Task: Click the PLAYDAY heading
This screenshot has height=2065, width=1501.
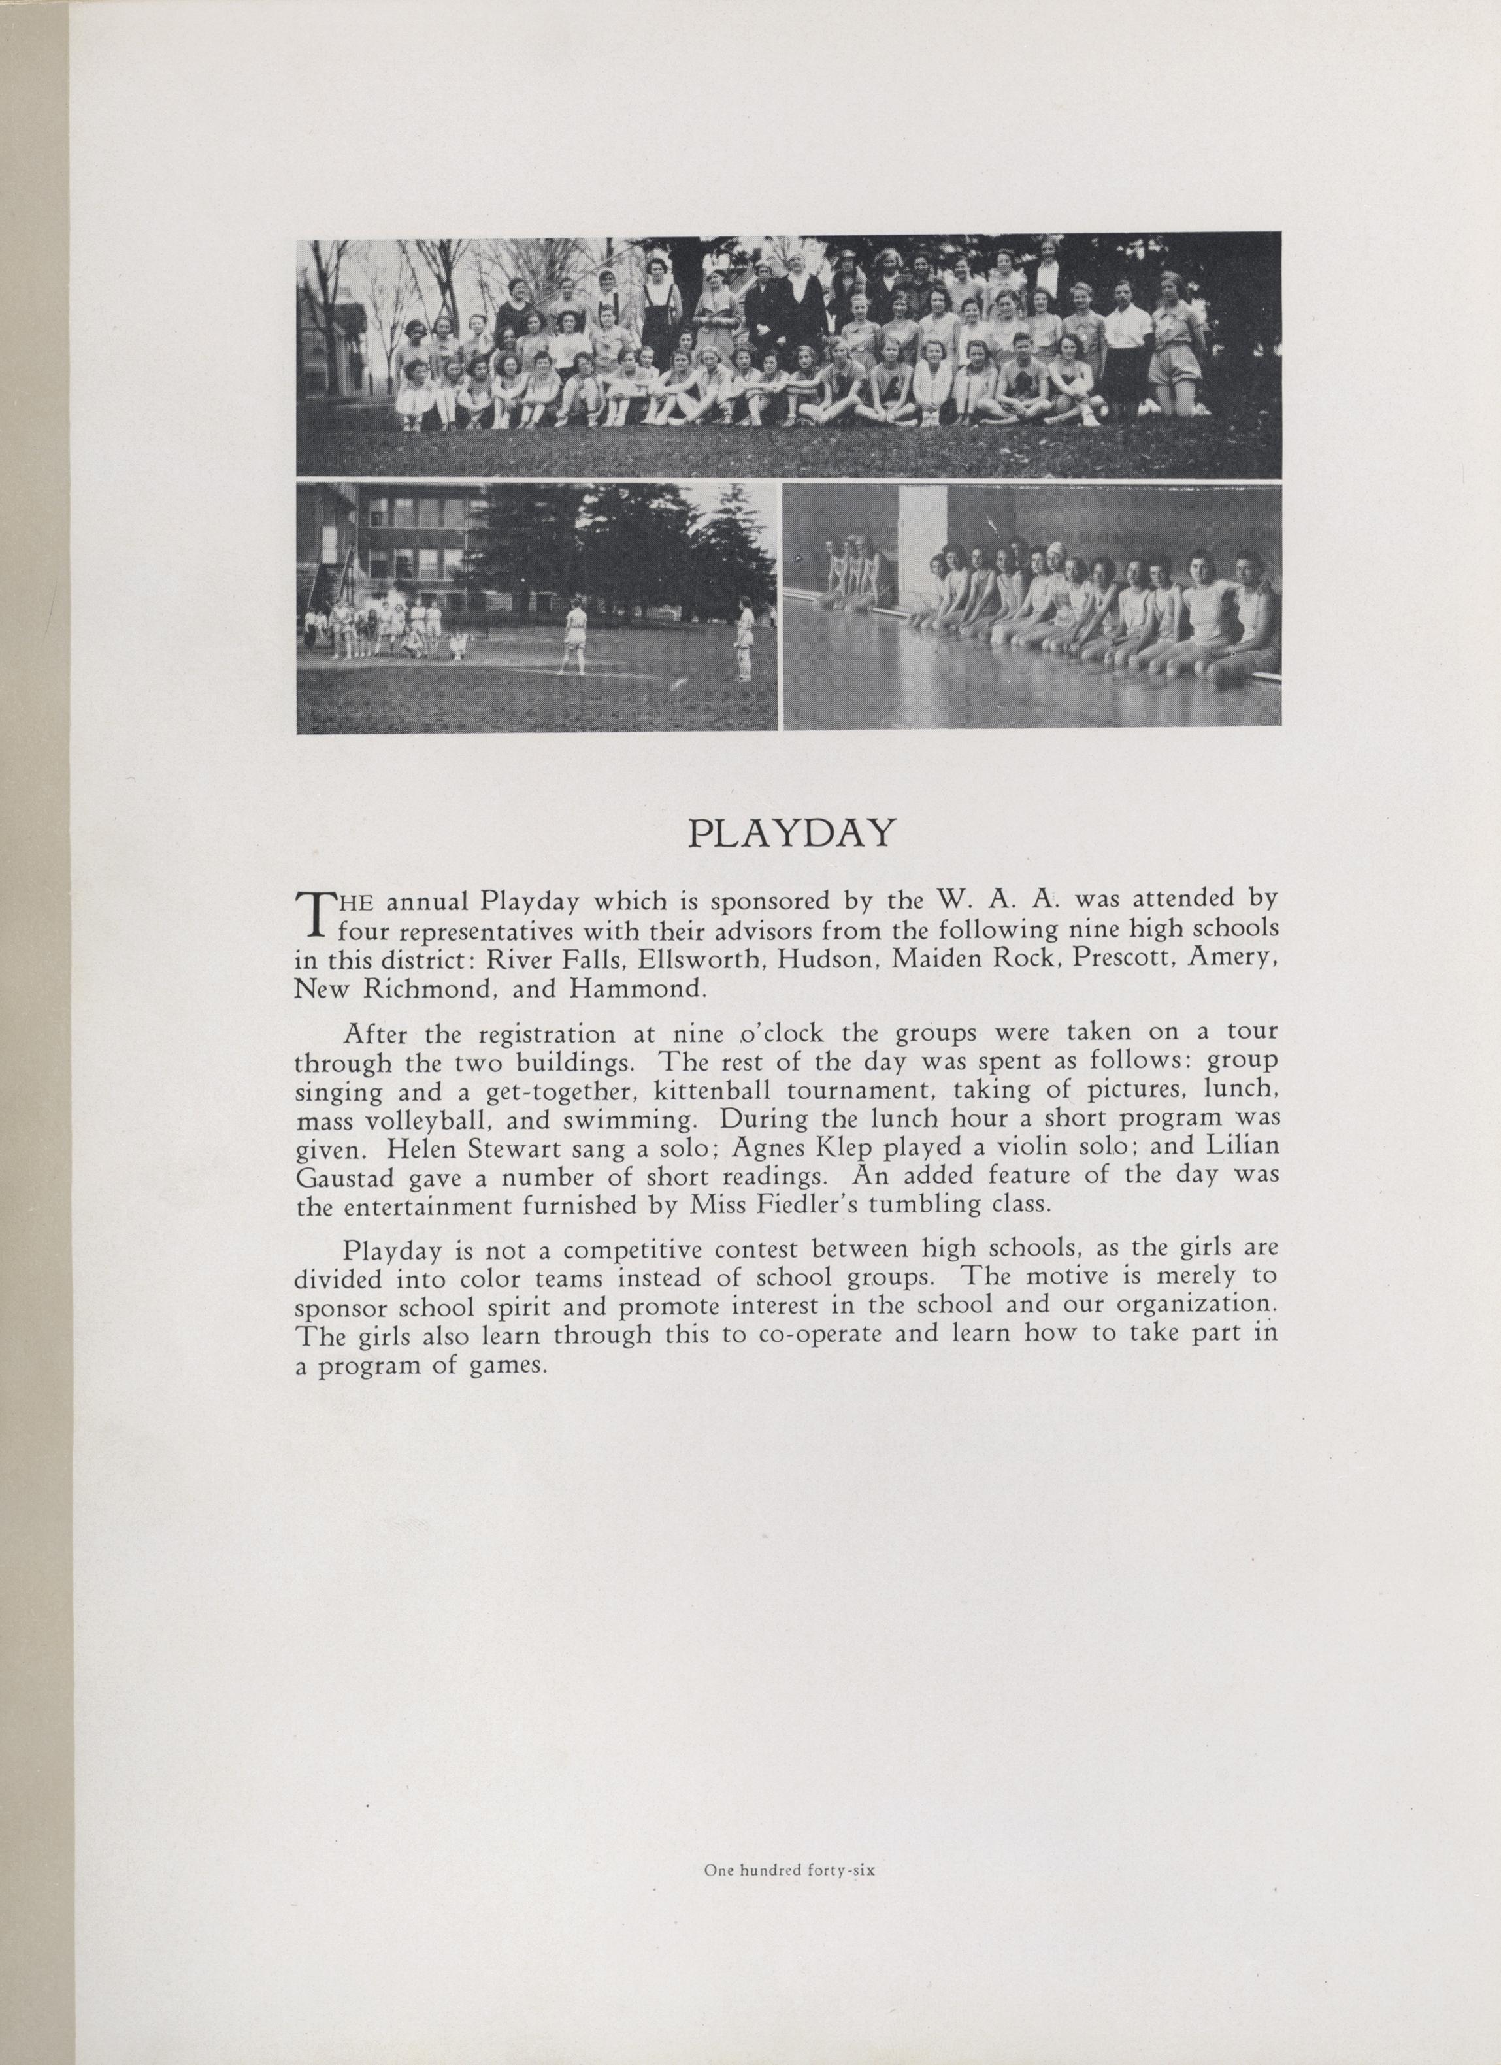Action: click(791, 833)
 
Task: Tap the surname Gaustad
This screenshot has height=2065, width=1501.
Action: click(344, 1177)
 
